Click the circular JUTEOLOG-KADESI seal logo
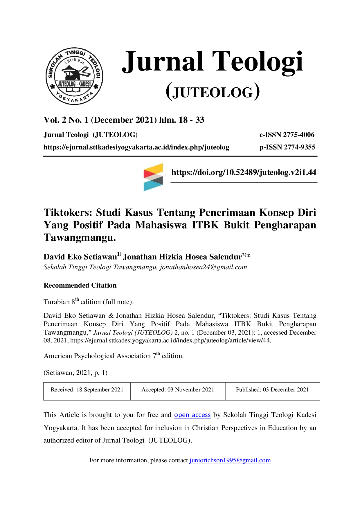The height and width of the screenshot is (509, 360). click(x=74, y=76)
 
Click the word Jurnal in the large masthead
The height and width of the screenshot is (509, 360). click(x=163, y=62)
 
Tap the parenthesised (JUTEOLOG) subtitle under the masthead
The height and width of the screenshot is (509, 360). click(x=213, y=92)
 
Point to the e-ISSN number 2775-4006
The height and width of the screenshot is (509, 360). click(x=299, y=135)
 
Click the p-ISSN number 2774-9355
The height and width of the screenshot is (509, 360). click(x=299, y=147)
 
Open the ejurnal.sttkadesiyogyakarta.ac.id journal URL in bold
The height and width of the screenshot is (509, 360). click(x=136, y=147)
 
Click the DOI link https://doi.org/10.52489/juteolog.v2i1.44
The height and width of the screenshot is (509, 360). click(x=244, y=172)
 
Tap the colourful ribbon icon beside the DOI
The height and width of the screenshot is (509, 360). click(x=153, y=177)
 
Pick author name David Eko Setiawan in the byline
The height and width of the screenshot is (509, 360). click(x=80, y=257)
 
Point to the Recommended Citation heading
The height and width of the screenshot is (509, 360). click(x=80, y=285)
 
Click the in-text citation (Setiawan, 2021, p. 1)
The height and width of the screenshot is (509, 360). click(x=75, y=373)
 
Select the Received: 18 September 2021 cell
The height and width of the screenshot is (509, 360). click(x=87, y=391)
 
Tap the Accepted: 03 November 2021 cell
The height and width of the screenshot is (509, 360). click(x=178, y=391)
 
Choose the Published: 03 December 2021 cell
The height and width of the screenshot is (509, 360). click(x=272, y=391)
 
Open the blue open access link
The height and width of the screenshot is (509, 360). click(x=192, y=415)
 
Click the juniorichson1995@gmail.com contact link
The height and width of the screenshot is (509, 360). click(x=230, y=460)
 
